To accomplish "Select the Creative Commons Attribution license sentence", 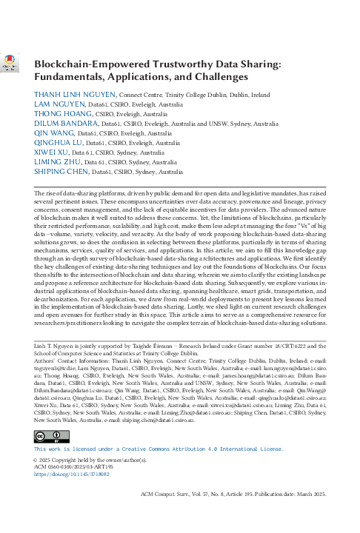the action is coord(159,449).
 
